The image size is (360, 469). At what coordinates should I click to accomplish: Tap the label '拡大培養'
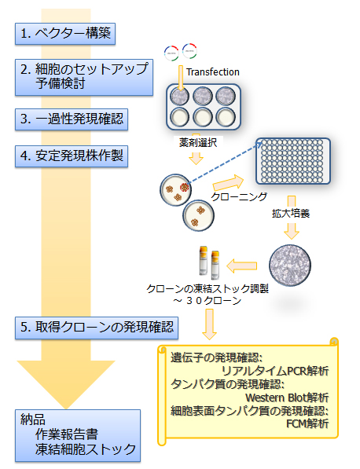pos(292,212)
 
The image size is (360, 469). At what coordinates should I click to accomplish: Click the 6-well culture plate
pos(197,107)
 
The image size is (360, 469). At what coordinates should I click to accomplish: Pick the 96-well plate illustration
pos(292,164)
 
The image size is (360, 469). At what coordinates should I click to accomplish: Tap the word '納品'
pos(35,418)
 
